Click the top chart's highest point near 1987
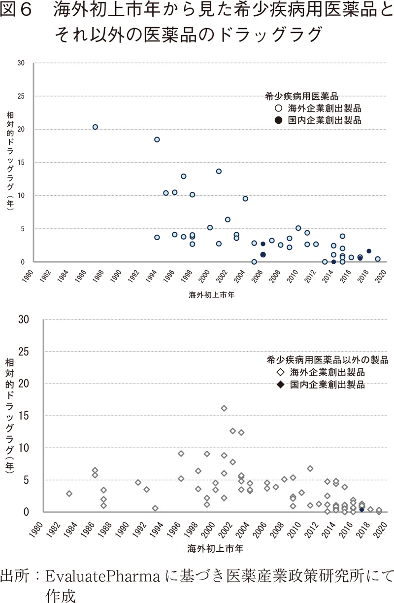(95, 127)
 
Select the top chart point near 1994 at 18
(157, 140)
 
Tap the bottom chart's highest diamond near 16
(224, 408)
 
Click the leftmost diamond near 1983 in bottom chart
(69, 494)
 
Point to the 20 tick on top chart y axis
(21, 129)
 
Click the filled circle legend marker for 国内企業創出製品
(278, 120)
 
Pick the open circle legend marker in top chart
(278, 107)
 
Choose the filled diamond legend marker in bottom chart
(279, 384)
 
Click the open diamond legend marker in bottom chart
(279, 372)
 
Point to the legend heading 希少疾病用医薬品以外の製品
(327, 359)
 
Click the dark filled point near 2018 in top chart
(369, 251)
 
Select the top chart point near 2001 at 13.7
(219, 172)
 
